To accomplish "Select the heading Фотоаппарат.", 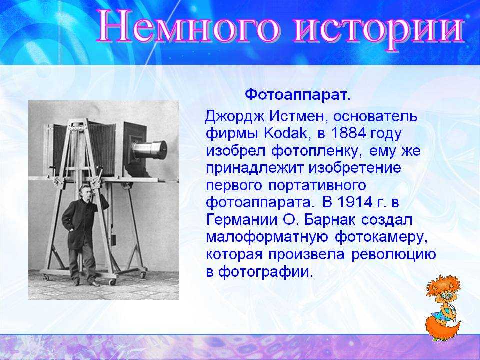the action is pyautogui.click(x=298, y=95).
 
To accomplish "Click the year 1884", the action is pyautogui.click(x=348, y=133).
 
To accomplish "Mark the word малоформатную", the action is pyautogui.click(x=267, y=238).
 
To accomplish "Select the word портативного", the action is pyautogui.click(x=318, y=186).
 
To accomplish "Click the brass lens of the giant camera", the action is pyautogui.click(x=150, y=149).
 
